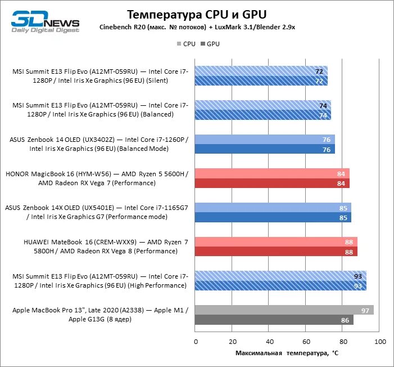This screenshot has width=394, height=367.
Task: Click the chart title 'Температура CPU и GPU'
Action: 196,14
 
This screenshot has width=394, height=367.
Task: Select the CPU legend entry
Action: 186,43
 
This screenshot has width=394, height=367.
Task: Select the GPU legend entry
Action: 210,43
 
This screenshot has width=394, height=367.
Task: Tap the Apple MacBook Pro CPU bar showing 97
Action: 284,310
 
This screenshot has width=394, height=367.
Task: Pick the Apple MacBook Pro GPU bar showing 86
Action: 274,320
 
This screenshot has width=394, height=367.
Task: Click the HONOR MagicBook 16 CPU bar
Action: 273,173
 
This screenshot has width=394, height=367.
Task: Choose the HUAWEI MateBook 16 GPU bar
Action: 276,252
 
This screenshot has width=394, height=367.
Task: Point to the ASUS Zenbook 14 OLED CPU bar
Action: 265,139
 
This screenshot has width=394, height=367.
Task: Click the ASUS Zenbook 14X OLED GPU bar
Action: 273,217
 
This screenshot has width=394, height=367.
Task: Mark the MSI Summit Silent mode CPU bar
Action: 261,71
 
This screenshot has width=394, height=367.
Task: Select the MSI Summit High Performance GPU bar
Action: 280,286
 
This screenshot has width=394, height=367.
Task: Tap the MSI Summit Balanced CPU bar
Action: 263,105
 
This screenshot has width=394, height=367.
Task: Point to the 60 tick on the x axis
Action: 306,342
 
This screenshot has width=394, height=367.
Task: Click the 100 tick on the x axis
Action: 380,342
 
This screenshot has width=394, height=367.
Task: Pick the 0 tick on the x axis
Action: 196,342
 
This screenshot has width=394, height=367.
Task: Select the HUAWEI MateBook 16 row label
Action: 106,246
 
